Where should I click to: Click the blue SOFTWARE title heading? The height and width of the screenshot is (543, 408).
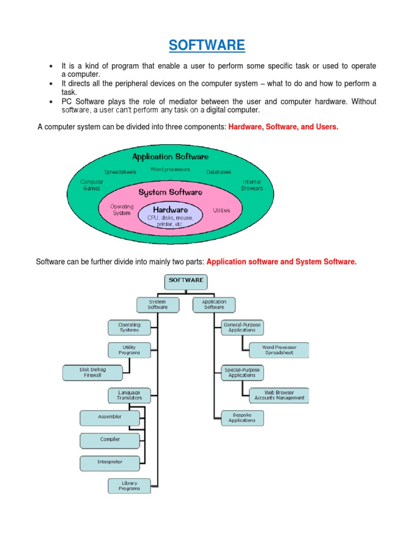(x=207, y=46)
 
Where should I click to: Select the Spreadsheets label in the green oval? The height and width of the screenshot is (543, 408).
(x=120, y=172)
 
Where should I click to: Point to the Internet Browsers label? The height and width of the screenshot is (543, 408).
(x=252, y=185)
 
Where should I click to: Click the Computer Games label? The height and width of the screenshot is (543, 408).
(x=92, y=185)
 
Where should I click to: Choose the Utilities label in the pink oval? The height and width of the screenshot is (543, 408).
(x=222, y=210)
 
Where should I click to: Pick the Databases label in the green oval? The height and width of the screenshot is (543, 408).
(x=219, y=172)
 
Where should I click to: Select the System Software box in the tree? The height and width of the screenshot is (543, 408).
(x=157, y=304)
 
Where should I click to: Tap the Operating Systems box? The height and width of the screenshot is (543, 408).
(x=129, y=327)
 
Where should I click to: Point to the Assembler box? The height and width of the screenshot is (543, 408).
(x=109, y=417)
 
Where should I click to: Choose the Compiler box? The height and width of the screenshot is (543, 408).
(x=109, y=440)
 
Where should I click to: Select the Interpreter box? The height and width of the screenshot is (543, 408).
(x=109, y=462)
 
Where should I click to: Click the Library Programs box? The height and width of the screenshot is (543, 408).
(x=129, y=485)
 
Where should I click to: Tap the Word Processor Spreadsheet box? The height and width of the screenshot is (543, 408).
(x=279, y=350)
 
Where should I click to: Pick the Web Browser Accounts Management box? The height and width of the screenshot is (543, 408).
(x=279, y=395)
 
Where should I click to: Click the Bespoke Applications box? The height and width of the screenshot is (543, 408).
(x=242, y=417)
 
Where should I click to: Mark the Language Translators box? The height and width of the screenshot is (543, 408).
(x=129, y=395)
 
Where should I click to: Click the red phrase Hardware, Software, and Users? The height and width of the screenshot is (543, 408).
(x=283, y=127)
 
